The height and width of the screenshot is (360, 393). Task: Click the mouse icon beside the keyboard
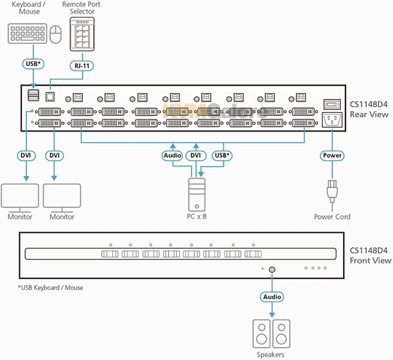tap(56, 35)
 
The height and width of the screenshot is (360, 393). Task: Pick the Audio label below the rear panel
tap(172, 155)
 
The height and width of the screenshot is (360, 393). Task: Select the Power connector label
tap(332, 155)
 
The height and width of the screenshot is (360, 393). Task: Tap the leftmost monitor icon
tap(20, 197)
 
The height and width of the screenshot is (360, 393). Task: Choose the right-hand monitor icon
tap(62, 197)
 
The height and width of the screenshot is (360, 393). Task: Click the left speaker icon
tap(262, 334)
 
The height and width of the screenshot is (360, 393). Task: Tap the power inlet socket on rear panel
tap(332, 119)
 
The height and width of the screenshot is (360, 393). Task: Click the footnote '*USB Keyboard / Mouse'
tap(50, 288)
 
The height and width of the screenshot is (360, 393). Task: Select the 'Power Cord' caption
tap(332, 217)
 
